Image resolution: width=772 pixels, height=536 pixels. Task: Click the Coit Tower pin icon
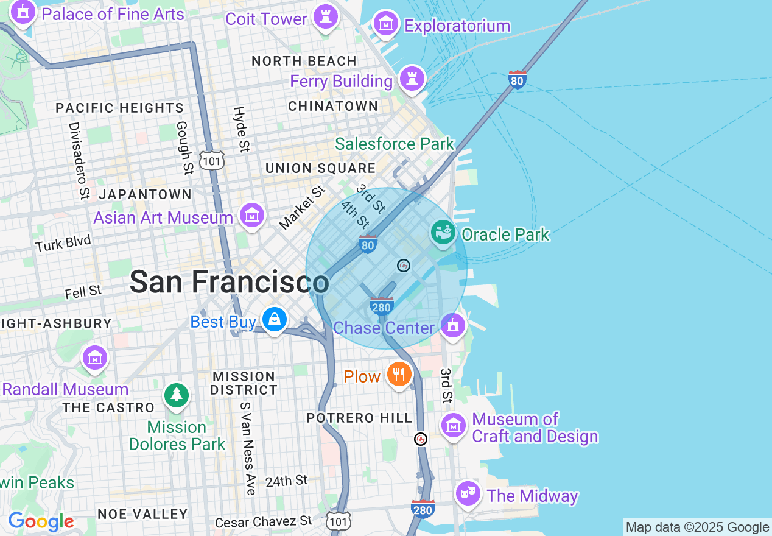326,16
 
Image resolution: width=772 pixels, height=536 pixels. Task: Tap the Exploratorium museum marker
385,23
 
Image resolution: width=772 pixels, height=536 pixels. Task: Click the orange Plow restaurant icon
399,374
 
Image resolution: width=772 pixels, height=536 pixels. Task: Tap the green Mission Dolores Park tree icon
177,395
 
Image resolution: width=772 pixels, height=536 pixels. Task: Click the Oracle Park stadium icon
443,233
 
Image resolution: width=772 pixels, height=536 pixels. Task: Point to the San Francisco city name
229,282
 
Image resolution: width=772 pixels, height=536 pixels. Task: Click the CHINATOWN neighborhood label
333,107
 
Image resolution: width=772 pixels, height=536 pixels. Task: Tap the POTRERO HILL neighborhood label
359,418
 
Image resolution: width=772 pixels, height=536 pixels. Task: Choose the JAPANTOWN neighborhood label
145,194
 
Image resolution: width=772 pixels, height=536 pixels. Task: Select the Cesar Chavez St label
264,521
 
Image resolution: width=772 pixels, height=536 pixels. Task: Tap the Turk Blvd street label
63,243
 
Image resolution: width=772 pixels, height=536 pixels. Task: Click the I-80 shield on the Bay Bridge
517,80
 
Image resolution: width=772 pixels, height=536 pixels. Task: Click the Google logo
41,521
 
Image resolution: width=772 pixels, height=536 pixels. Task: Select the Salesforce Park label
395,144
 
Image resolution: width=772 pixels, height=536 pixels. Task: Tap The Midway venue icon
468,493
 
